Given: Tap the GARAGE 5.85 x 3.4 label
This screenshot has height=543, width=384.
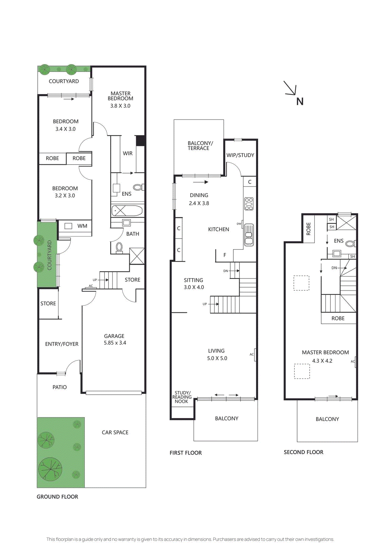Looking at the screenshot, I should (114, 339).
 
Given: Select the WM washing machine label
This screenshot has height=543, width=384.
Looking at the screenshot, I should (82, 226).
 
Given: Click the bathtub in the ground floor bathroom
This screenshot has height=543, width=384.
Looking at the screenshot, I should (127, 211).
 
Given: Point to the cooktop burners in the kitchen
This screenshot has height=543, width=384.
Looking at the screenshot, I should (249, 204).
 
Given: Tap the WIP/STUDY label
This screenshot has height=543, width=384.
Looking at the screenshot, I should (240, 155).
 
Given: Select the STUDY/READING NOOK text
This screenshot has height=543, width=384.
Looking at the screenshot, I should (182, 397).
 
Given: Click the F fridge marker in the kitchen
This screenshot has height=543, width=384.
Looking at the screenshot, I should (225, 255).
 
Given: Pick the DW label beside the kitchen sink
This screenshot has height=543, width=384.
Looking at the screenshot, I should (239, 224).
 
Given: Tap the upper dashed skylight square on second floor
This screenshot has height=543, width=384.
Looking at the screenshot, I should (301, 283).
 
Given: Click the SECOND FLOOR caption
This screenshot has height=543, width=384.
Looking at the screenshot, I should (303, 452).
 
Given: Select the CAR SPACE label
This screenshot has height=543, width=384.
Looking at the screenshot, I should (115, 432).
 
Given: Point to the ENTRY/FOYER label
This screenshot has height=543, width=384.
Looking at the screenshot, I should (62, 344).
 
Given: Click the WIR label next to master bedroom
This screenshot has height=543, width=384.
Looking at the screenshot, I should (128, 153).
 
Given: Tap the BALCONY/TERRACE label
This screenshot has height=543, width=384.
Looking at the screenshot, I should (200, 146).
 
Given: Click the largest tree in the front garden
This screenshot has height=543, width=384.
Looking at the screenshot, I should (50, 469).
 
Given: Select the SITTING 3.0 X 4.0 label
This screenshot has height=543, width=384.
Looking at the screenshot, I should (194, 284).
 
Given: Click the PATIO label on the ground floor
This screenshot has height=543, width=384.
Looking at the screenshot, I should (60, 387).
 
